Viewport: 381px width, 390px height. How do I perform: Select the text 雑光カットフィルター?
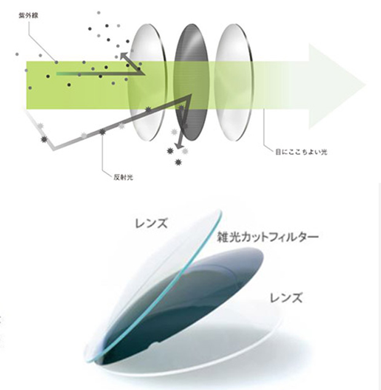click(x=266, y=236)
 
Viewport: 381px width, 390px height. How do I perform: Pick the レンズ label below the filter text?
click(x=286, y=299)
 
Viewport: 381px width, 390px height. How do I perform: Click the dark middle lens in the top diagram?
click(x=192, y=82)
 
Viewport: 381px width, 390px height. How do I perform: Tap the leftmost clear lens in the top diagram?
click(x=147, y=80)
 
